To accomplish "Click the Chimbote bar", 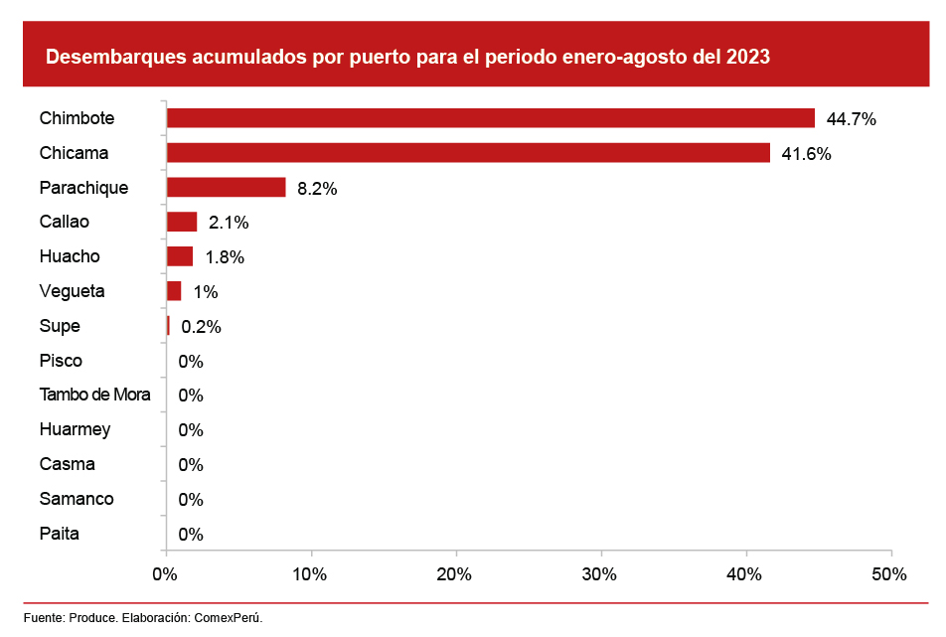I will coord(490,118).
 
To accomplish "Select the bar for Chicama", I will coord(468,153).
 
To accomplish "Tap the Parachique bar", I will coord(226,187).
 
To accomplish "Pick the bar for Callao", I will coord(182,222).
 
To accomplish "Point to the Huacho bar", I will coord(180,256).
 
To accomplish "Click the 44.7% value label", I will coord(851,119).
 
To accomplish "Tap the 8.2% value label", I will coord(317,188).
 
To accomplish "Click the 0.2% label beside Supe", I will coord(201,326).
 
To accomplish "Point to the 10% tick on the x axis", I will coord(310,574).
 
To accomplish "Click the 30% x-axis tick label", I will coord(599,574).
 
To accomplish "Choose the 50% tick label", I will coord(888,574).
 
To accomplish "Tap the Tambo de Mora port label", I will coord(95,395).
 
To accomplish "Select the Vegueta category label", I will coord(73,291).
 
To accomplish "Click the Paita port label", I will coord(60,534).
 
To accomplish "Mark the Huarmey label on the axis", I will coord(76,429).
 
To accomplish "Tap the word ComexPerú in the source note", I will coord(230,618).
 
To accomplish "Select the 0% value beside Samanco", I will coord(191,499).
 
